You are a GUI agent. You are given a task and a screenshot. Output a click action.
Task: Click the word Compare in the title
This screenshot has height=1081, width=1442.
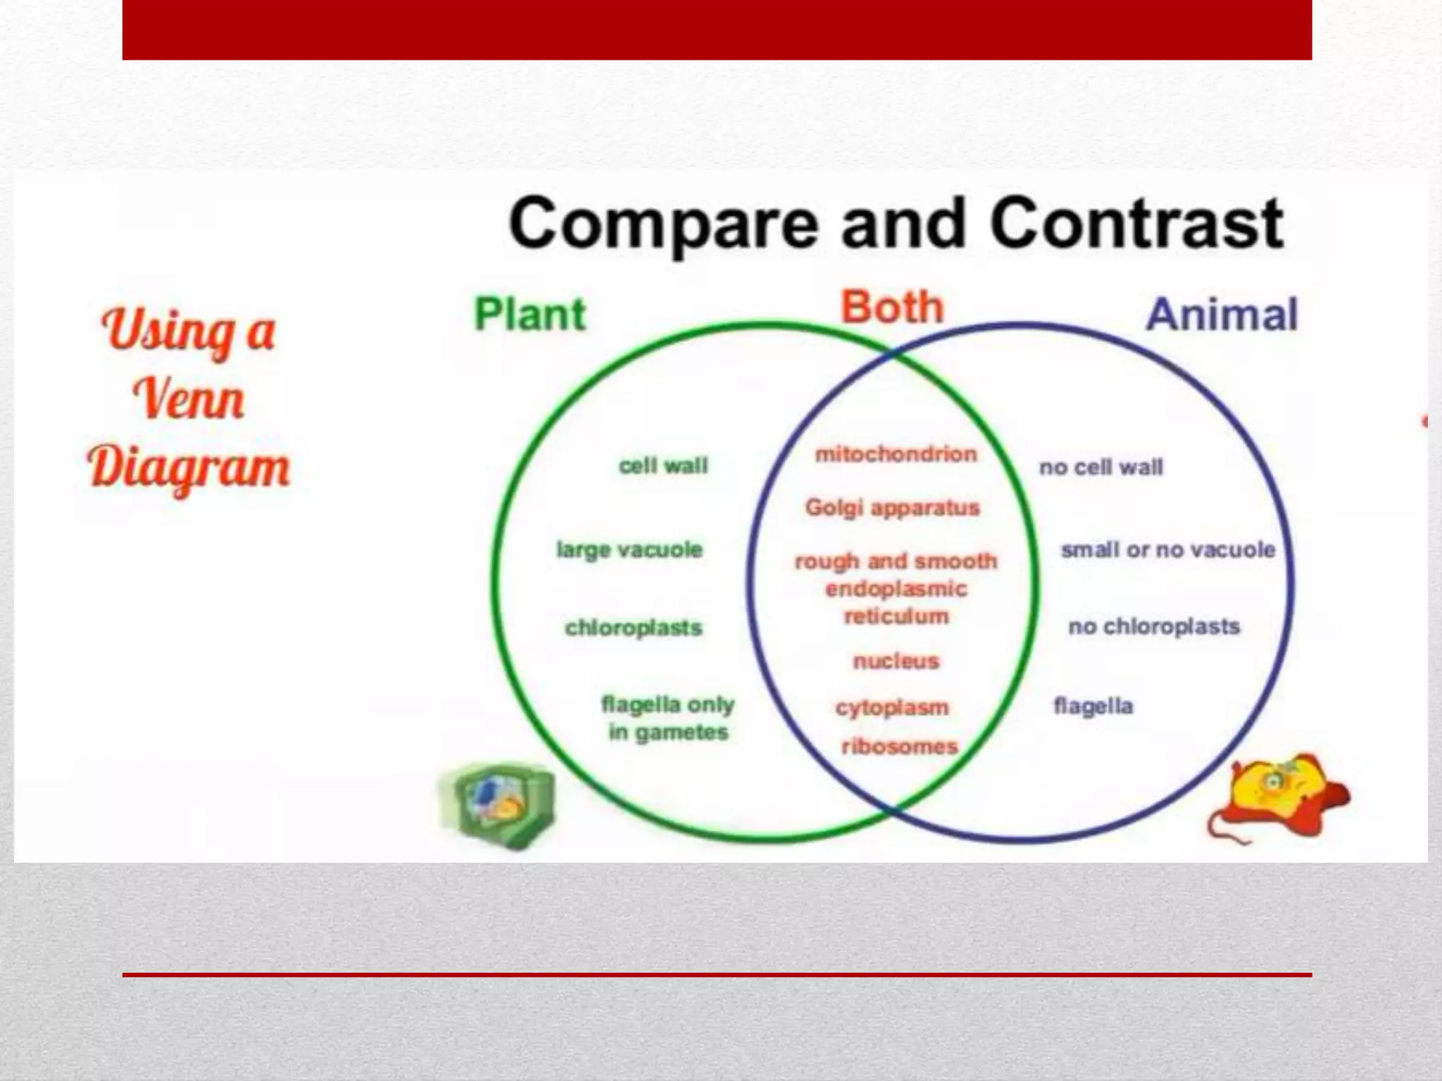click(664, 224)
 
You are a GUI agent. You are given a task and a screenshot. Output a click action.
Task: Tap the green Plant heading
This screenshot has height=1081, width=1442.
click(529, 314)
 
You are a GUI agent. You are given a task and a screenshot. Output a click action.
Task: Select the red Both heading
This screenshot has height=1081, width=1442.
click(891, 308)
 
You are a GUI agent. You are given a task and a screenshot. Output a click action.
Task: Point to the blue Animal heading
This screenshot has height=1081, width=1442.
click(1222, 314)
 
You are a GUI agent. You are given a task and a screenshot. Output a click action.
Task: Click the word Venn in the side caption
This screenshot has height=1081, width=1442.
click(189, 399)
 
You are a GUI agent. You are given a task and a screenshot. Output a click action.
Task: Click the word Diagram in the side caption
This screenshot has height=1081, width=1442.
click(189, 467)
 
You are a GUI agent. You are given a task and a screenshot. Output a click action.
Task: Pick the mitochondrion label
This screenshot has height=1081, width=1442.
click(896, 454)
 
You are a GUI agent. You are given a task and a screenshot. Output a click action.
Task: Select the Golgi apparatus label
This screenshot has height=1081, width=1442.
click(892, 507)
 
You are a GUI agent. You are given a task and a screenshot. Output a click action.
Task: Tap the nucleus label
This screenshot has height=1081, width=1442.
click(896, 661)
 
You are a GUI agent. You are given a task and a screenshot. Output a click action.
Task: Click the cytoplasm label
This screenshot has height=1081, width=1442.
click(892, 707)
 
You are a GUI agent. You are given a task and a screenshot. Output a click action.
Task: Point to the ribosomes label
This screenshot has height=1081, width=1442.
click(900, 746)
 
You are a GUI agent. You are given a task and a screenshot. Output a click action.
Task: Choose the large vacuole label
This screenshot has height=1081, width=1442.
click(629, 549)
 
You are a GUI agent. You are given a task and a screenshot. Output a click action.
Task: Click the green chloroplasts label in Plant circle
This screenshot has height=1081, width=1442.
click(633, 627)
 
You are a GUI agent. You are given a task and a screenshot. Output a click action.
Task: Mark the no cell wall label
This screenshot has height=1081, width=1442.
click(1101, 467)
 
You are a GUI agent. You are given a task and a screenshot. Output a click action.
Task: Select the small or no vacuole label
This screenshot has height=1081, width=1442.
click(1168, 549)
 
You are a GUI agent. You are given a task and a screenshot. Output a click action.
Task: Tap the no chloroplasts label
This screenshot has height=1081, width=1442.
click(1153, 626)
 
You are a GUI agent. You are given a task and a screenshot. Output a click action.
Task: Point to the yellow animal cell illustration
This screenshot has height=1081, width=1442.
click(1278, 795)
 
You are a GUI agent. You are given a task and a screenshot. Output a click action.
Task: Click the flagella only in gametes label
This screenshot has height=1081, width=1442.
click(667, 718)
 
